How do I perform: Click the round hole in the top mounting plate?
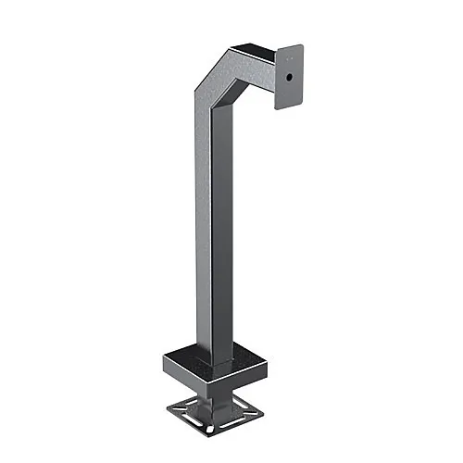289,78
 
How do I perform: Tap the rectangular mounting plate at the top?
292,76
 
